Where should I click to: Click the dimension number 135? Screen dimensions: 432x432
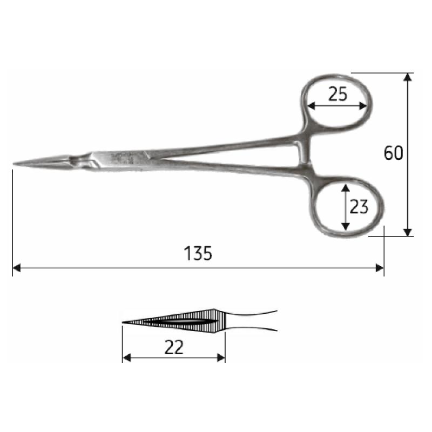pos(198,253)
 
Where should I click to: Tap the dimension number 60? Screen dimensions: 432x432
pos(394,153)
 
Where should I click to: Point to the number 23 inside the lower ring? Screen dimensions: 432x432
pos(359,207)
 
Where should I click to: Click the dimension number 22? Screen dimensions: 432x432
pos(173,348)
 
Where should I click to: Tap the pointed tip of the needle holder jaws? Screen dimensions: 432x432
pos(15,164)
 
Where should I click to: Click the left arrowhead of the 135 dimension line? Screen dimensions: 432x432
pos(16,267)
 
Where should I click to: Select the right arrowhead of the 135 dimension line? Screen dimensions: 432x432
pos(380,267)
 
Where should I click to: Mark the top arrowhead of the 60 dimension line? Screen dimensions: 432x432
pos(408,77)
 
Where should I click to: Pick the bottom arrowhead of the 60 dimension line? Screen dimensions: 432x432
pos(408,232)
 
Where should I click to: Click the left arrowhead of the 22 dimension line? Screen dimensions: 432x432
pos(126,357)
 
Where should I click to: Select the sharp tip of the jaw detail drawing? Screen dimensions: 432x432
pos(124,322)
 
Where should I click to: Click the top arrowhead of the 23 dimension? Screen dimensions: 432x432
pos(345,186)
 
